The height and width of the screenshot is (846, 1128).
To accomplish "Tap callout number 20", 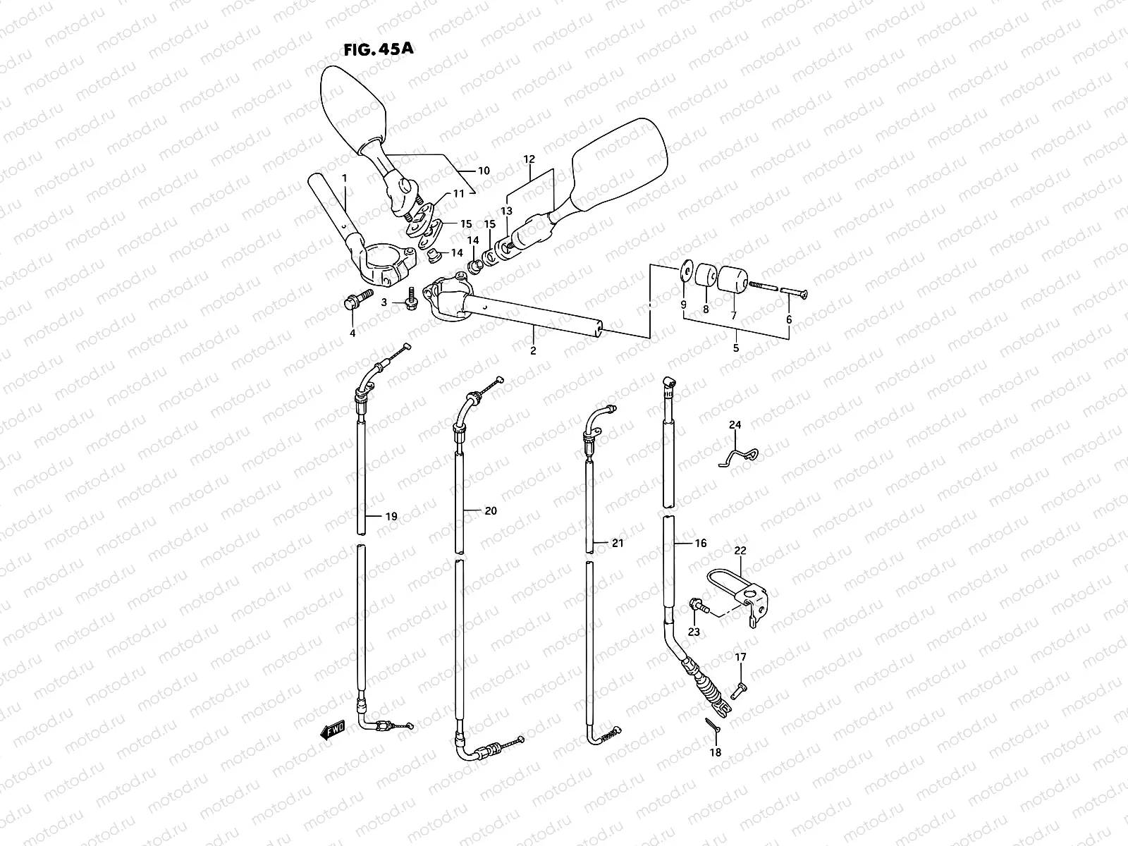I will (x=491, y=510).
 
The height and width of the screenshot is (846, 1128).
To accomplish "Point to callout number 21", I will (x=618, y=543).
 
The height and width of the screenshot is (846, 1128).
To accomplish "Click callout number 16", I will (x=700, y=544).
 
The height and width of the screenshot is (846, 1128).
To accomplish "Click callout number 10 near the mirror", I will (x=484, y=171).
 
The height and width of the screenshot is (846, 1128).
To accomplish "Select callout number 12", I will (x=529, y=159).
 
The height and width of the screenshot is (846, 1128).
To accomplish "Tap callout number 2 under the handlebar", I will (x=533, y=350).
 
